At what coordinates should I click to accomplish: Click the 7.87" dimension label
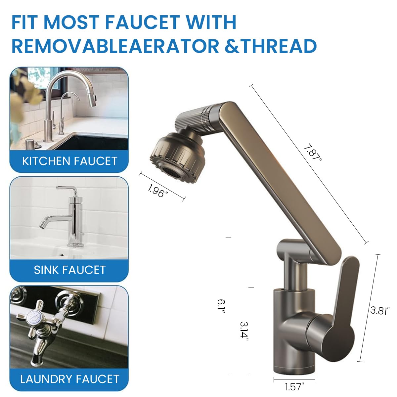point(312,153)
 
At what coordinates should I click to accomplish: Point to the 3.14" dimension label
point(244,330)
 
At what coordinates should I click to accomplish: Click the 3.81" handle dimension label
point(380,311)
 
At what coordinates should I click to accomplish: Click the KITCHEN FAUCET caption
point(69,161)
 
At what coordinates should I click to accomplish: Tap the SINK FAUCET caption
point(69,270)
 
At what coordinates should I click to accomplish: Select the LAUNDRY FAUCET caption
point(69,379)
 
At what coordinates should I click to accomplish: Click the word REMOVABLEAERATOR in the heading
point(115,46)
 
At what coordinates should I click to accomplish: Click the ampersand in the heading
point(232,46)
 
